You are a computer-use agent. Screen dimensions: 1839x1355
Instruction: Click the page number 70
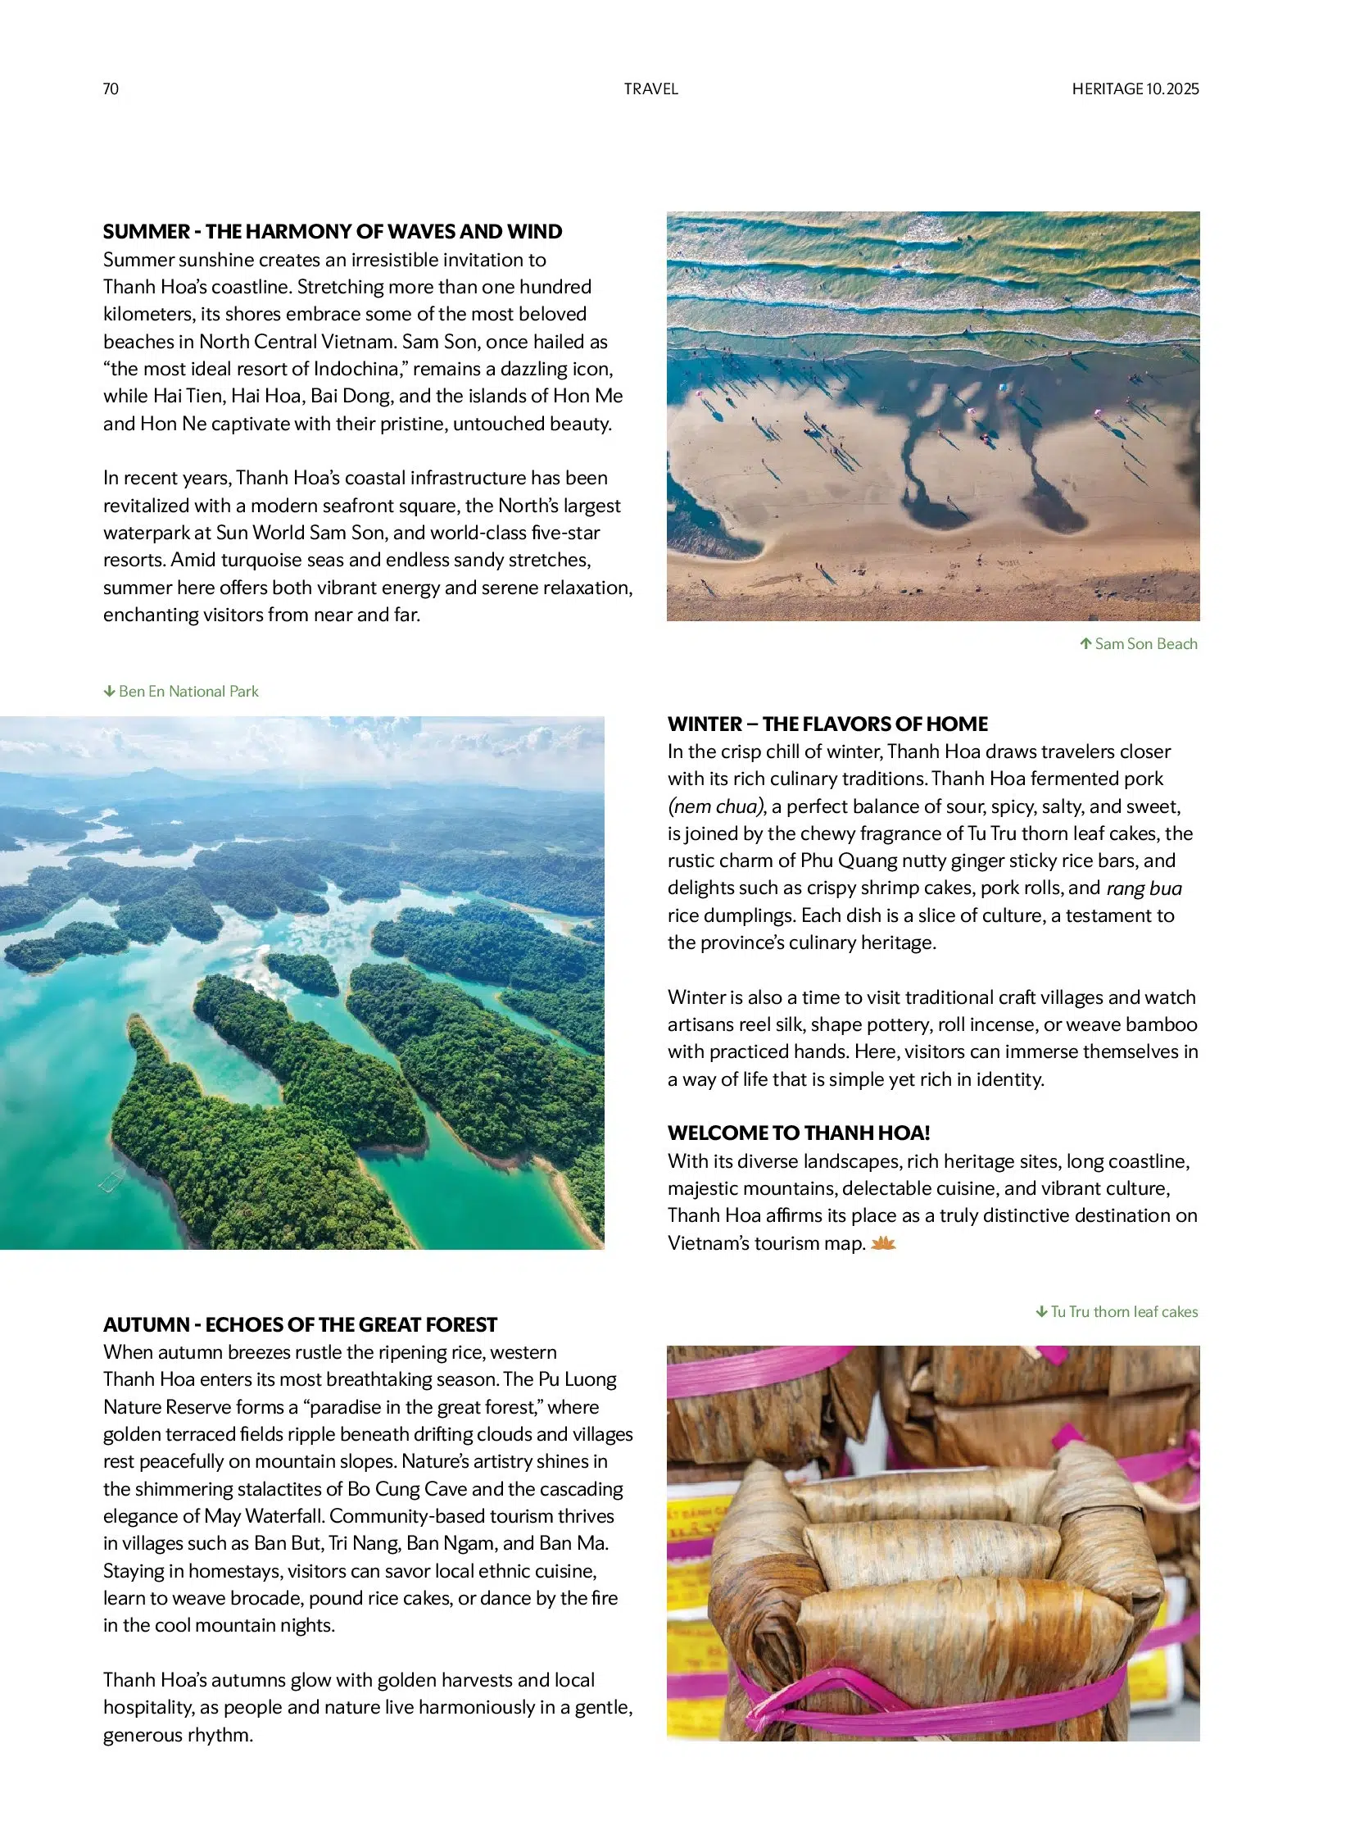point(111,89)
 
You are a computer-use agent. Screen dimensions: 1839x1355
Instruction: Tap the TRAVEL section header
point(650,89)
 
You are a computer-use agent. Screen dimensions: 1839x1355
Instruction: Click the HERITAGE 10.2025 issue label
point(1135,89)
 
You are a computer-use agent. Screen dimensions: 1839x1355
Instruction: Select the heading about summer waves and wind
point(332,231)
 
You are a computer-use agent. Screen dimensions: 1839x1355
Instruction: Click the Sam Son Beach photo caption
point(1145,643)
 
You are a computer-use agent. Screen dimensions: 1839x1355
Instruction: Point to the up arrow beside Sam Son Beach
point(1085,643)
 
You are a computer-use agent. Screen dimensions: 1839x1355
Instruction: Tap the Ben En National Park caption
point(188,691)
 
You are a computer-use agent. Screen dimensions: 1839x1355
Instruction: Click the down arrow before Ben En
point(109,691)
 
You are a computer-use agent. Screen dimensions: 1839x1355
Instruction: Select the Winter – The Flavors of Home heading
point(827,724)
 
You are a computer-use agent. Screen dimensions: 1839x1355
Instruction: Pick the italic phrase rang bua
point(1144,888)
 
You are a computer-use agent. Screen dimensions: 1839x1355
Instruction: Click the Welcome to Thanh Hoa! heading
point(798,1133)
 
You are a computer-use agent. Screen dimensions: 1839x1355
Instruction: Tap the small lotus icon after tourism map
point(882,1244)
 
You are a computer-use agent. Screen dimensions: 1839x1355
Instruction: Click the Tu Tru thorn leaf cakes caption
point(1123,1311)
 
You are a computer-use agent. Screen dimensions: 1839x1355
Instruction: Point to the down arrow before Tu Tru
point(1041,1311)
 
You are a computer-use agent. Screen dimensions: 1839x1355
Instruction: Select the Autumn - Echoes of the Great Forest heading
point(300,1324)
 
